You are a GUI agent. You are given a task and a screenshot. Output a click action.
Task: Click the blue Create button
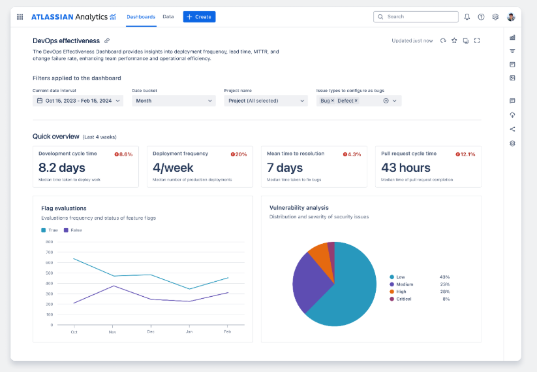click(199, 17)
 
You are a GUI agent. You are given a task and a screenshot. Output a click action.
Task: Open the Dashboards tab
click(141, 17)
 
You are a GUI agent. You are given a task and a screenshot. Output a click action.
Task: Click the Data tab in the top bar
click(168, 17)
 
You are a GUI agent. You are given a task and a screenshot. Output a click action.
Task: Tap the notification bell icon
click(467, 17)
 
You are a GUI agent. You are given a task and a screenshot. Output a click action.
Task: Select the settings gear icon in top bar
click(495, 17)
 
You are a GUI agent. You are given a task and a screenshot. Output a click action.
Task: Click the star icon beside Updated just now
click(454, 41)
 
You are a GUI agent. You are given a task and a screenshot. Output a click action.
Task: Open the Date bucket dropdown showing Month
click(174, 101)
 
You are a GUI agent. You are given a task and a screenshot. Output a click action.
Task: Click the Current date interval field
click(78, 101)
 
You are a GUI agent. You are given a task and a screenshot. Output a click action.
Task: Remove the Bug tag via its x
click(333, 101)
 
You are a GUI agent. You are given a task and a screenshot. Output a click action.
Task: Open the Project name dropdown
click(266, 101)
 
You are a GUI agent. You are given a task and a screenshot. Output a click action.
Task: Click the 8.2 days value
click(62, 168)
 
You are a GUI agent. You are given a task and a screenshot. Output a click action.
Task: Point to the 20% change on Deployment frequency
click(239, 154)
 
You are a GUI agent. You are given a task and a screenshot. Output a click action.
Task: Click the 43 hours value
click(405, 168)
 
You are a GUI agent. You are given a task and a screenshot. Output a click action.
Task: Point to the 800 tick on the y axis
click(50, 242)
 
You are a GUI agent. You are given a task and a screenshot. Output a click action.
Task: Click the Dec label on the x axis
click(151, 332)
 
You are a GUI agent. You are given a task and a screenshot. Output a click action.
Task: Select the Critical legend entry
click(403, 299)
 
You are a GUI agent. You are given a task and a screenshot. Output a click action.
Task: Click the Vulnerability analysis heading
click(299, 208)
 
